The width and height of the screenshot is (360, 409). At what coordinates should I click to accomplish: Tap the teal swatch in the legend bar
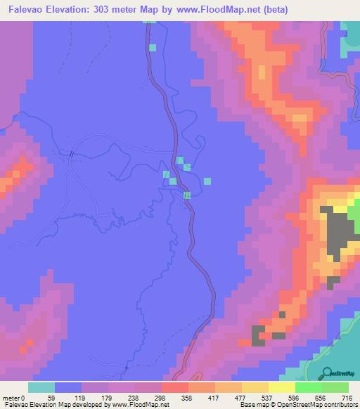coord(41,387)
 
